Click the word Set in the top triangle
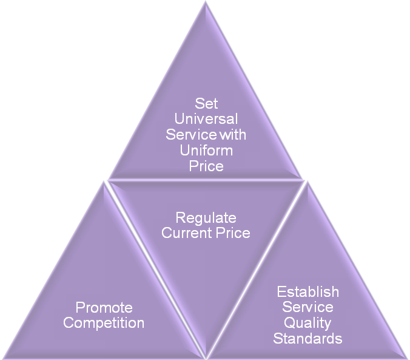[x=206, y=104]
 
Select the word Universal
[x=206, y=119]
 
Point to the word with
[x=233, y=134]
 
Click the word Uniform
[x=206, y=149]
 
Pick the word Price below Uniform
[x=206, y=165]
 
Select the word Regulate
[x=206, y=218]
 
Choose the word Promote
[x=104, y=308]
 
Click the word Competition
[x=104, y=323]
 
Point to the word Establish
[x=307, y=292]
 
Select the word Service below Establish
[x=307, y=307]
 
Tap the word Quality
[x=307, y=323]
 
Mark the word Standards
[x=307, y=338]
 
